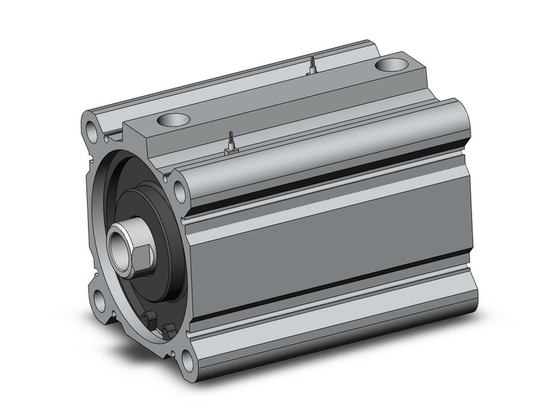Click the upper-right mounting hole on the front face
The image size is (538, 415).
[180, 189]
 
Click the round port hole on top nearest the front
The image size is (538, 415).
[175, 119]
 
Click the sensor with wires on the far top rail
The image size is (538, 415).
[311, 66]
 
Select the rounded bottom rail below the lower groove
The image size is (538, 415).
[333, 332]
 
